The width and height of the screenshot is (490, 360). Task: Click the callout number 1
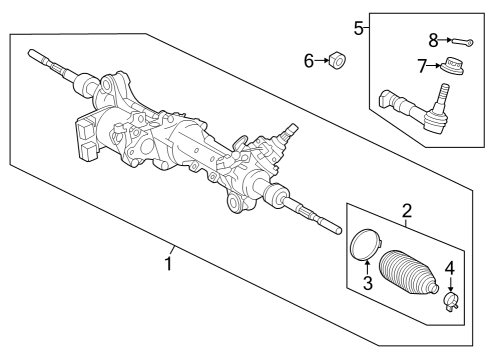click(170, 264)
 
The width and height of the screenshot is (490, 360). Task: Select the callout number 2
click(407, 210)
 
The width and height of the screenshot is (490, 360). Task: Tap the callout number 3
click(368, 283)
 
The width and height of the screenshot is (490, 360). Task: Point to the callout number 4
click(450, 268)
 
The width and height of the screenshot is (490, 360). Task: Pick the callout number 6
click(310, 62)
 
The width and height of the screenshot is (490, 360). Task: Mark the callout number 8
click(433, 41)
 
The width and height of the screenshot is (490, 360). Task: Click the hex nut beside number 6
click(337, 63)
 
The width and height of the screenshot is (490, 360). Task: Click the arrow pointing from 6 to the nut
click(322, 62)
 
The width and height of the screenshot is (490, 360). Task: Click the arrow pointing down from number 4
click(450, 281)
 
